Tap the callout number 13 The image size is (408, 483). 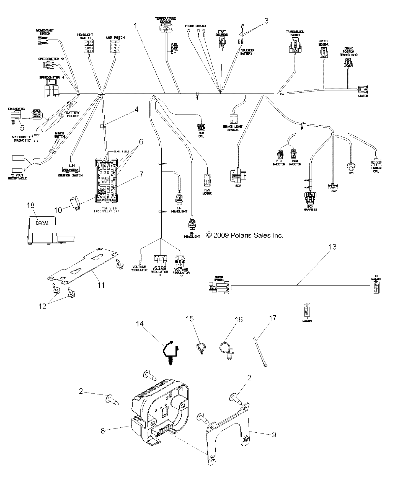pyautogui.click(x=332, y=246)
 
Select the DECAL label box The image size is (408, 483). pyautogui.click(x=42, y=223)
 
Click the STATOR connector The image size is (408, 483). pyautogui.click(x=363, y=90)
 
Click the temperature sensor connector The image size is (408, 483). pyautogui.click(x=165, y=27)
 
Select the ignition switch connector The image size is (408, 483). pyautogui.click(x=71, y=170)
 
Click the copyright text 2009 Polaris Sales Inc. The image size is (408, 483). pyautogui.click(x=245, y=235)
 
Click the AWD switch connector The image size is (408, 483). pyautogui.click(x=115, y=46)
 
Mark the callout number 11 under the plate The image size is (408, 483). pyautogui.click(x=101, y=285)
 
